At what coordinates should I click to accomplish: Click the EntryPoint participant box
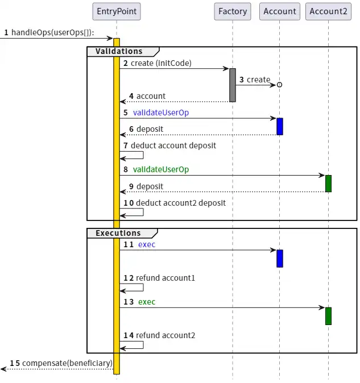click(117, 11)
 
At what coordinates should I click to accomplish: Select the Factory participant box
click(233, 11)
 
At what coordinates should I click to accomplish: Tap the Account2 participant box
click(328, 11)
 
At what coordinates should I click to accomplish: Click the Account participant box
click(279, 11)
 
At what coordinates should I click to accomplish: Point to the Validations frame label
click(119, 52)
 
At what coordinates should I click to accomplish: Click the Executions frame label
click(118, 233)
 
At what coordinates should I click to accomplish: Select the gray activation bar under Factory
click(233, 85)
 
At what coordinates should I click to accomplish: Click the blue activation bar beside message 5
click(280, 126)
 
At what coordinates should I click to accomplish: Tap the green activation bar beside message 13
click(328, 315)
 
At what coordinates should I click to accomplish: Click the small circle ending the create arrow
click(279, 85)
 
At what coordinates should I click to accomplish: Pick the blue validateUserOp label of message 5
click(161, 113)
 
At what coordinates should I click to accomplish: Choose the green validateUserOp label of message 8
click(161, 169)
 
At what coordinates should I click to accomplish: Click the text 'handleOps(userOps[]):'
click(53, 32)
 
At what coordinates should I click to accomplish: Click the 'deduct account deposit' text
click(176, 145)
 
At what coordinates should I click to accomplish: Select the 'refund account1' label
click(165, 278)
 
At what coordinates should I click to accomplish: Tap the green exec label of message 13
click(147, 302)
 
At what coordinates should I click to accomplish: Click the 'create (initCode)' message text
click(161, 63)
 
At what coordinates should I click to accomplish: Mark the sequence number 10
click(129, 203)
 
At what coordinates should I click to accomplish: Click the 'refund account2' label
click(165, 335)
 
